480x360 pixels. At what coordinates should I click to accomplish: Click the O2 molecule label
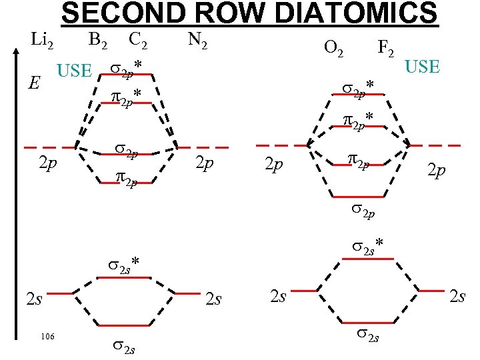tap(333, 48)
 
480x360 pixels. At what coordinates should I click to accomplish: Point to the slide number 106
tap(46, 336)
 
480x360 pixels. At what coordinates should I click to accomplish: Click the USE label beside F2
tap(423, 67)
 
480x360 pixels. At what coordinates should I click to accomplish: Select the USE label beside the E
tap(74, 71)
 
